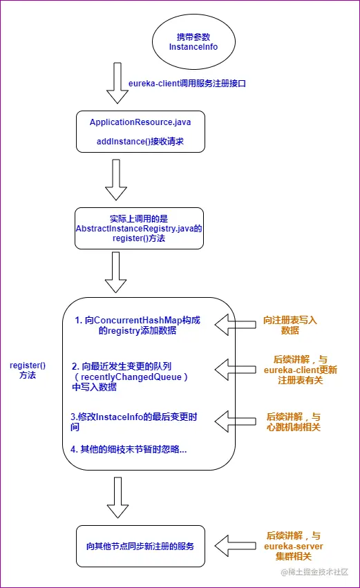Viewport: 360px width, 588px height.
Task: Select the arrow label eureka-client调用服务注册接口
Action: (x=187, y=84)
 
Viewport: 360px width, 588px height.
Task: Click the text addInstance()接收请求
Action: (x=140, y=144)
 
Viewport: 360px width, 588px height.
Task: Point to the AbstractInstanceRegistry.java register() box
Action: (x=140, y=227)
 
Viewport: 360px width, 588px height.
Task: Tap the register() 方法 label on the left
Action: (x=27, y=370)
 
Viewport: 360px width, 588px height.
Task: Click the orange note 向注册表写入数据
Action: (x=290, y=325)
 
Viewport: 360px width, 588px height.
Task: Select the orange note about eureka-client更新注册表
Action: (x=294, y=370)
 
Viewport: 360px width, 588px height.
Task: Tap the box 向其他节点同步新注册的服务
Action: (x=140, y=546)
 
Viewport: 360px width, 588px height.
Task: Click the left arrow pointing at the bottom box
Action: (x=235, y=544)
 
